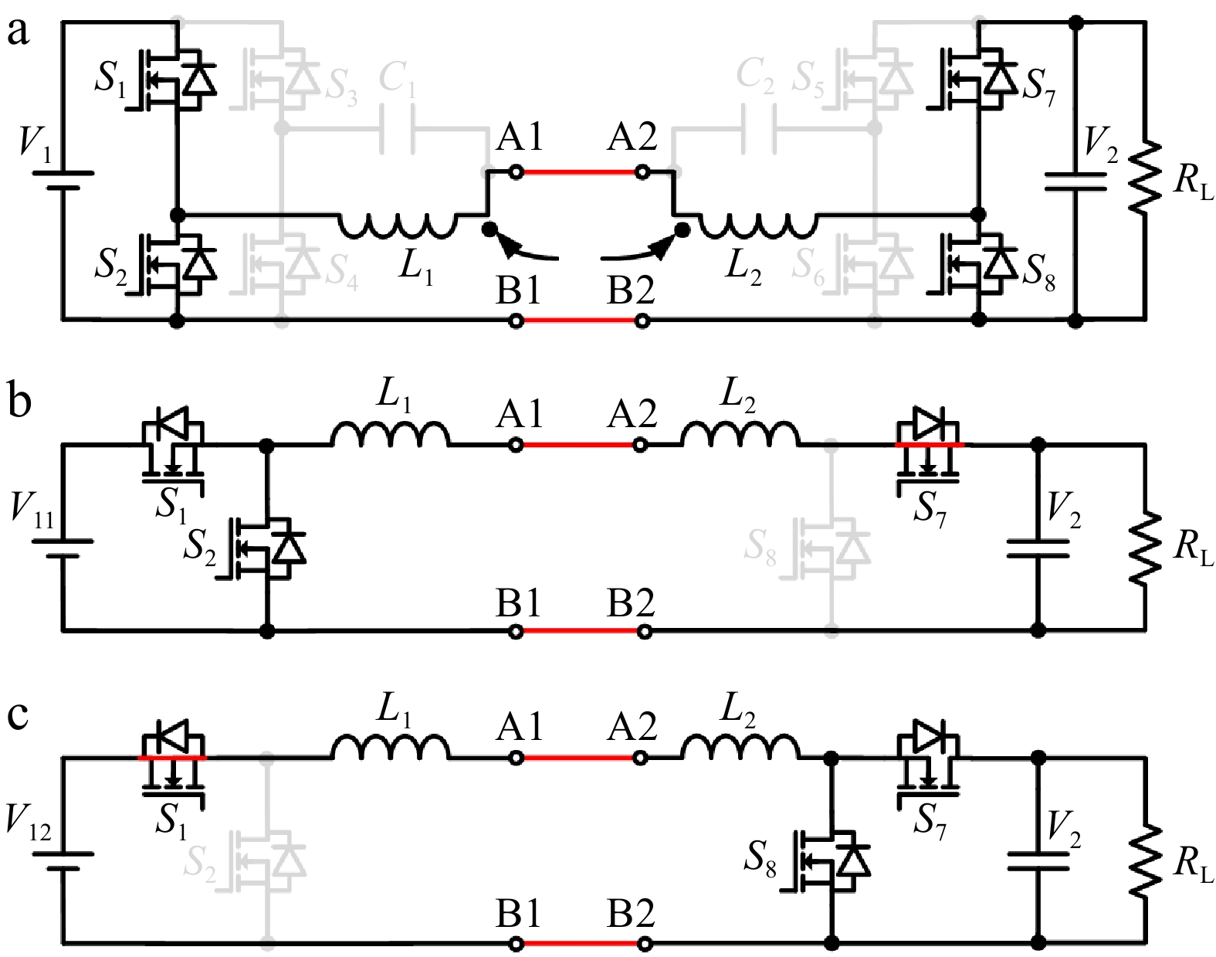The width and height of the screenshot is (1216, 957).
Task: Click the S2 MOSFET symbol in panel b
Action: (x=266, y=549)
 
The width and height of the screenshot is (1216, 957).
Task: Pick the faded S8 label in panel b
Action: (x=760, y=544)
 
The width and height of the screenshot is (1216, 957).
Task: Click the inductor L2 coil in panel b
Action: (x=740, y=434)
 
